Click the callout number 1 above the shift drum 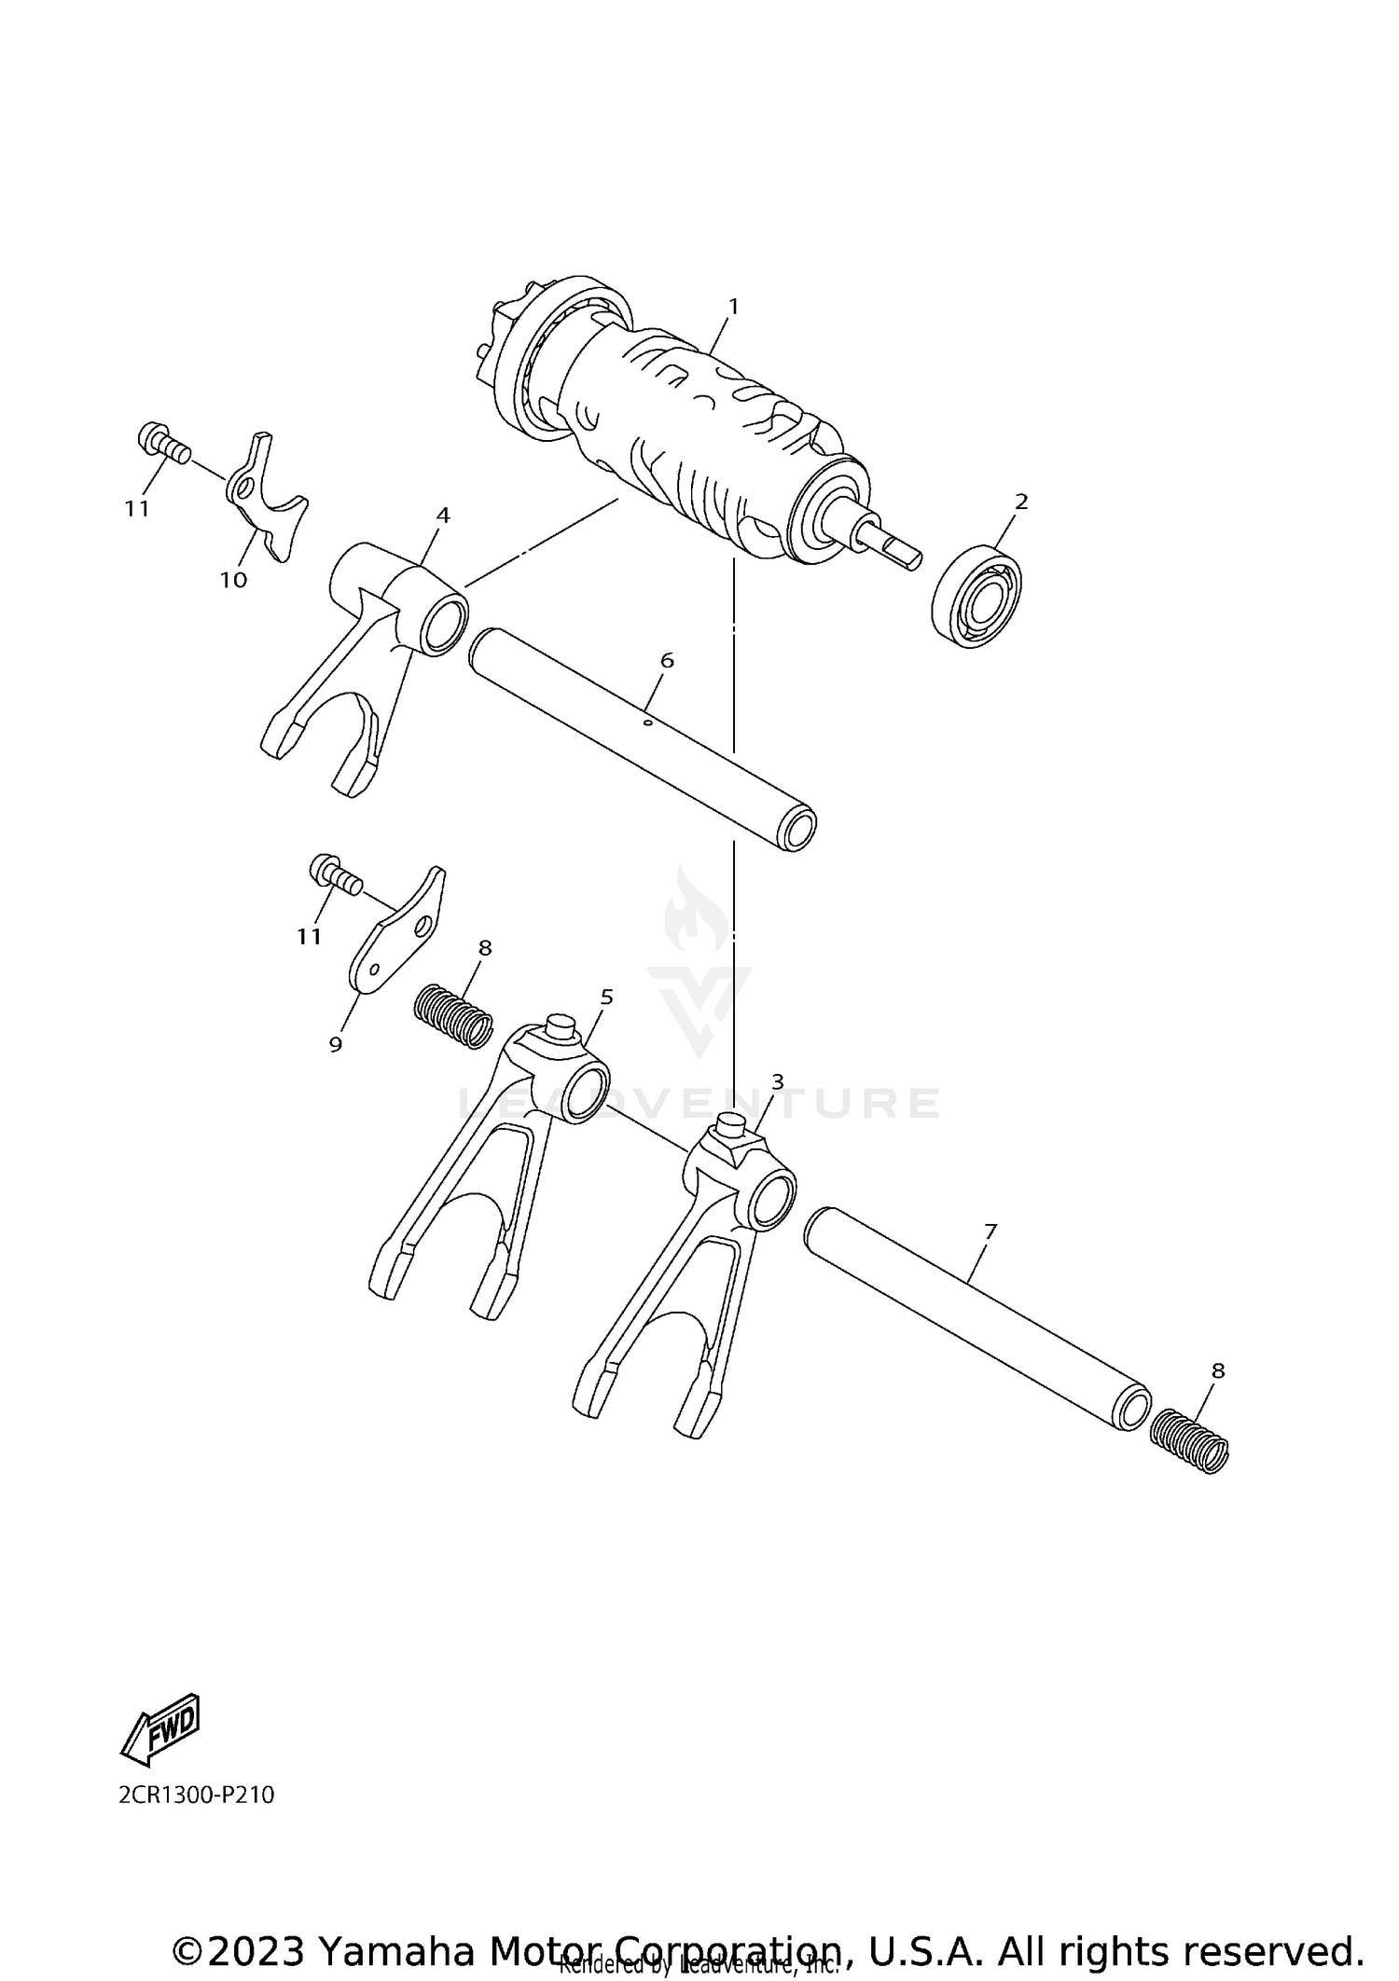pos(733,306)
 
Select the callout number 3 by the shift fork pos(778,1081)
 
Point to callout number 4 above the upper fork pos(443,515)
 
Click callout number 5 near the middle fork pos(607,997)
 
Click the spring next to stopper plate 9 pos(453,1017)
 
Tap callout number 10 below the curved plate pos(233,580)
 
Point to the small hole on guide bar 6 pos(646,720)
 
